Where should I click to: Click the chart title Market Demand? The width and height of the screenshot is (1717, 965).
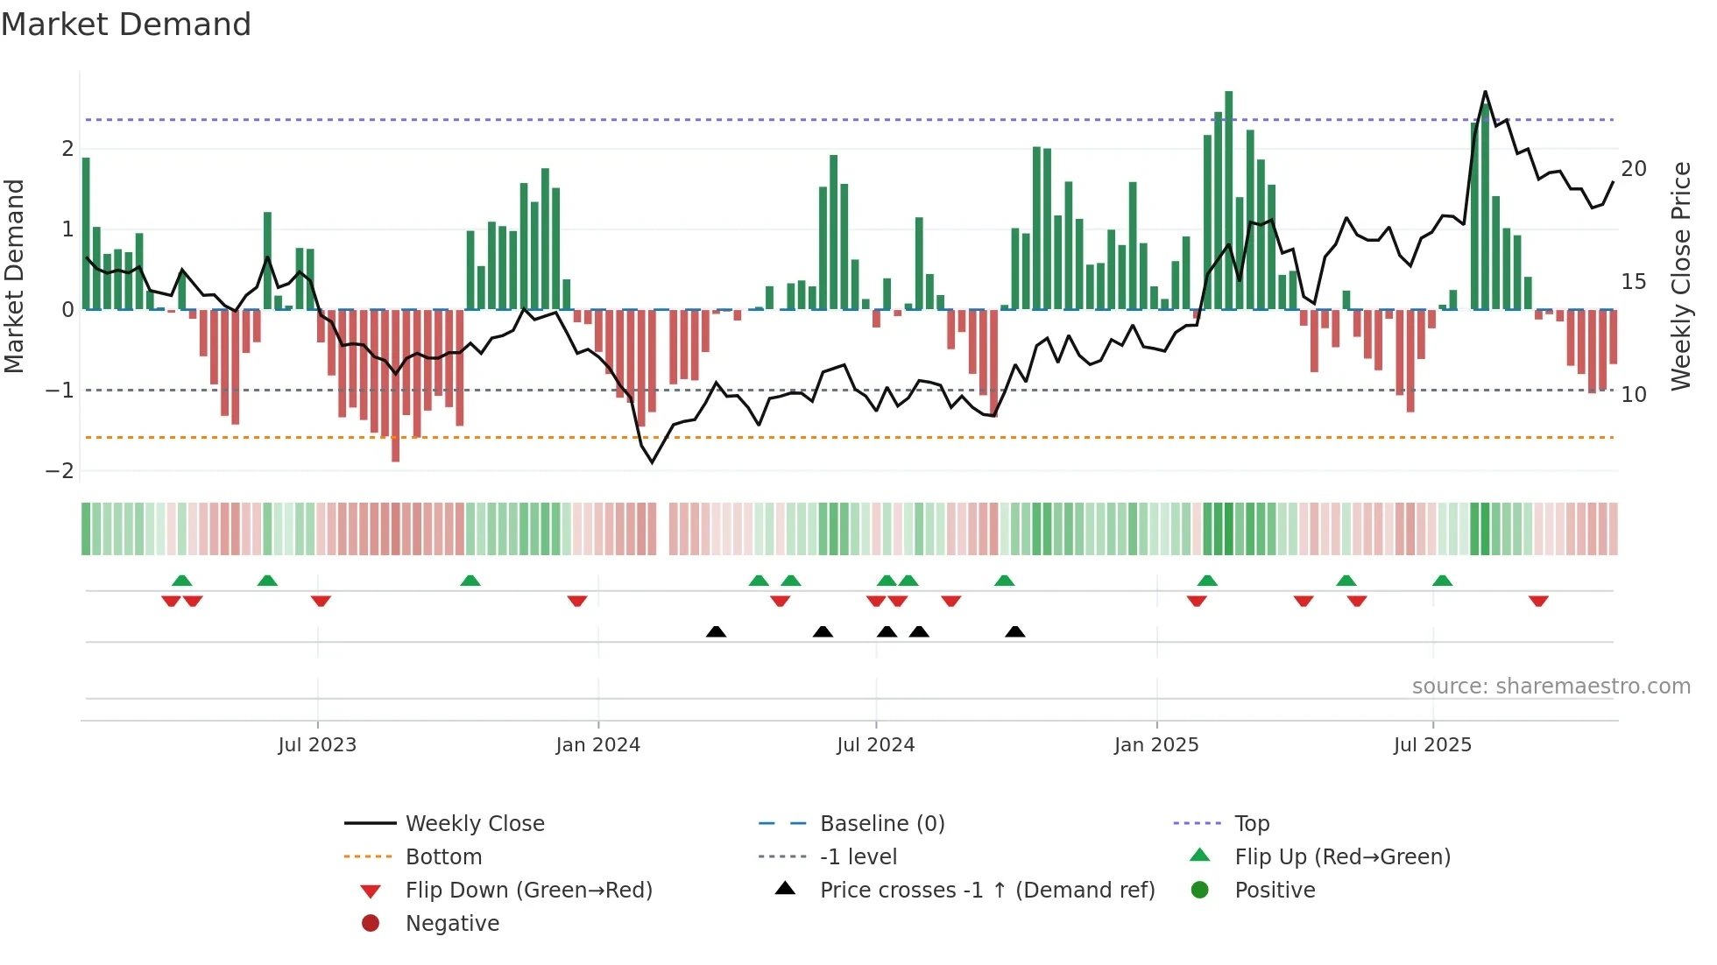[x=126, y=24]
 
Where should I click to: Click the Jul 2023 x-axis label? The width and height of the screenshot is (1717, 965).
[x=317, y=745]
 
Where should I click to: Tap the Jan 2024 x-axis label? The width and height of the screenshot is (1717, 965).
[x=597, y=745]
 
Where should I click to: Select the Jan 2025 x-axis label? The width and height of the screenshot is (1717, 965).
[x=1155, y=745]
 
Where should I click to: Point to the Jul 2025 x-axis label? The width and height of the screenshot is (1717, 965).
[x=1432, y=745]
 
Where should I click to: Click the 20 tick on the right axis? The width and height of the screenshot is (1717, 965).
[x=1634, y=169]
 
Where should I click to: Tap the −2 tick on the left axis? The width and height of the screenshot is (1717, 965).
[x=60, y=471]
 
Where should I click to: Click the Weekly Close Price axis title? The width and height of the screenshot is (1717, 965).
[x=1680, y=276]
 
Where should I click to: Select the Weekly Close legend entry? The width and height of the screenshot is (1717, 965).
[x=474, y=824]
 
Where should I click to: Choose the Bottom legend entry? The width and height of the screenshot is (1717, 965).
[x=443, y=857]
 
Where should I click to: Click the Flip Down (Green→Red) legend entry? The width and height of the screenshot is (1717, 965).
[x=528, y=891]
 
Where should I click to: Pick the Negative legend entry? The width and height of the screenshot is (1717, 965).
[x=452, y=924]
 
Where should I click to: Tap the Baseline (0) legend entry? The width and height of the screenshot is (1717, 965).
[x=881, y=824]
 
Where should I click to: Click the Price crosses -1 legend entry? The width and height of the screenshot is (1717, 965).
[x=986, y=891]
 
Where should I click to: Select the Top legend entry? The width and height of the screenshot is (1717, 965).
[x=1251, y=824]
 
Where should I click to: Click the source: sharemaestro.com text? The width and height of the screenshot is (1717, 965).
[x=1551, y=687]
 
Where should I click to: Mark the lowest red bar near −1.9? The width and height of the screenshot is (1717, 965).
[x=395, y=385]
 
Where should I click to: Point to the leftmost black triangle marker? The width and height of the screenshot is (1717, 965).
[x=716, y=631]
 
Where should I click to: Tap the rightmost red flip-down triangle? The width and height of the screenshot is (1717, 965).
[x=1538, y=601]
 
